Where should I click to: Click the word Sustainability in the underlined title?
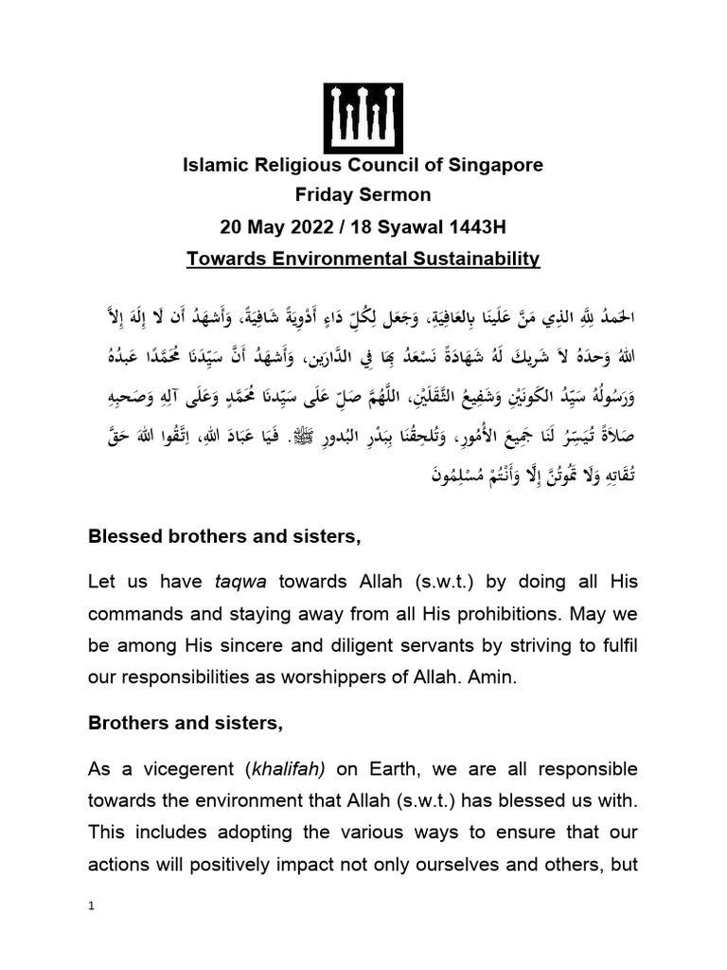(x=481, y=258)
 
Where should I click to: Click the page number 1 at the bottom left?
(x=91, y=906)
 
